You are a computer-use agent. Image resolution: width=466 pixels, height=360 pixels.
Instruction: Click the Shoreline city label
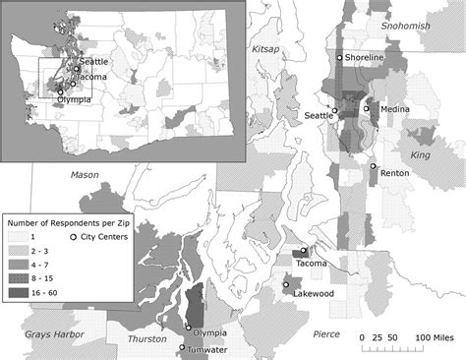click(365, 59)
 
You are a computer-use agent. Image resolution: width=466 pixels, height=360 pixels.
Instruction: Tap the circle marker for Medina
click(366, 107)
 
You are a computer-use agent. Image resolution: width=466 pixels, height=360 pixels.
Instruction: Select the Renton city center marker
click(374, 166)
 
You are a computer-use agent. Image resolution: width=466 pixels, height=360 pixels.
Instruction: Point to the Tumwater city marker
click(182, 346)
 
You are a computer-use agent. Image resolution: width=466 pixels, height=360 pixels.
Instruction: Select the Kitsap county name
click(265, 48)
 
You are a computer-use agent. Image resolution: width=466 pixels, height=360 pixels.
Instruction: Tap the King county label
click(421, 155)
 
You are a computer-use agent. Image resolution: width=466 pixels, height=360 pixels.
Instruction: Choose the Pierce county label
click(325, 334)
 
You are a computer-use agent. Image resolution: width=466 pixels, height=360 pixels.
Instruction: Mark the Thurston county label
click(146, 339)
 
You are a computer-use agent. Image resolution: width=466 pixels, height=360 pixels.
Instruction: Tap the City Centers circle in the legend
click(74, 237)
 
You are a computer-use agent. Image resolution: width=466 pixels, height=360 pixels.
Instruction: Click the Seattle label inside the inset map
click(94, 61)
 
